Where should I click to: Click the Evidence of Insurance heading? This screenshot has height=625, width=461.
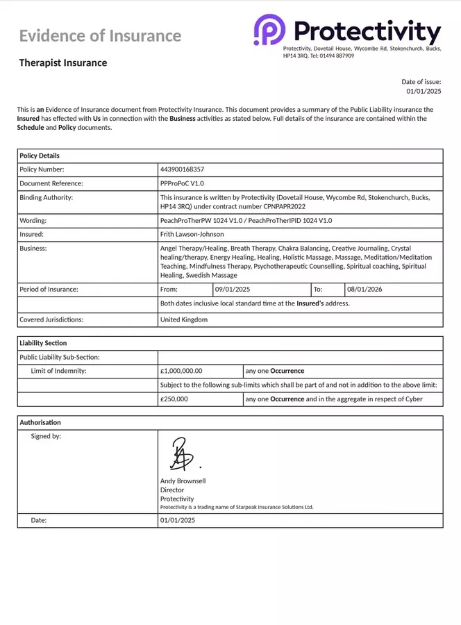point(100,36)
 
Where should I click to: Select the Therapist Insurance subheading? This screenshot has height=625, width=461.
point(63,63)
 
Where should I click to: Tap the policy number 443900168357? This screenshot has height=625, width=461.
point(182,169)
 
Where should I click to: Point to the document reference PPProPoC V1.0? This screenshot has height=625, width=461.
point(182,183)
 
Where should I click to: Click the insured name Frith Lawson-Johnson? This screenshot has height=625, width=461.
point(192,235)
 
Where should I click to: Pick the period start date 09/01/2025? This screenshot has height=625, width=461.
point(233,289)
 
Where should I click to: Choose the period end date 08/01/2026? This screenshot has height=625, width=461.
point(364,289)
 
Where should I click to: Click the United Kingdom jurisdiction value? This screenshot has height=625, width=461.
point(183,320)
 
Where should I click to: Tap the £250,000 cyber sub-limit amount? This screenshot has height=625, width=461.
point(174,399)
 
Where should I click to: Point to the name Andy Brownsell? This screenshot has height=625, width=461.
point(183,481)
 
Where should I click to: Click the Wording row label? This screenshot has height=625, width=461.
point(33,220)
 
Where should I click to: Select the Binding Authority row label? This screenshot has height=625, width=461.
point(47,197)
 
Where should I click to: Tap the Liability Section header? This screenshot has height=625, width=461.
point(43,344)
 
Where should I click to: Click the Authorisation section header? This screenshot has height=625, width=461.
point(40,422)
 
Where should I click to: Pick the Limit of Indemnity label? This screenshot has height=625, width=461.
point(58,371)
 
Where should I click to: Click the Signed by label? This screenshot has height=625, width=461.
point(46,437)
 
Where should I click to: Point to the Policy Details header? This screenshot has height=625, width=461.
point(40,156)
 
